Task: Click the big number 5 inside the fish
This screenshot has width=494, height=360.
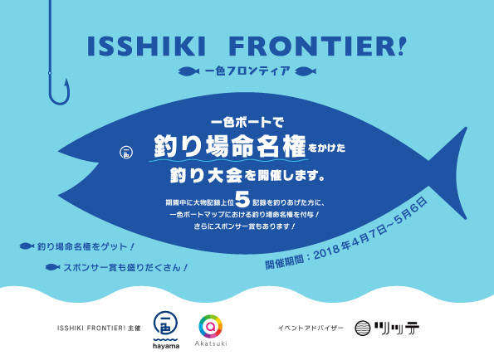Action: [242, 198]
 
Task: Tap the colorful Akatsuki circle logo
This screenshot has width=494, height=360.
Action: [208, 323]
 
